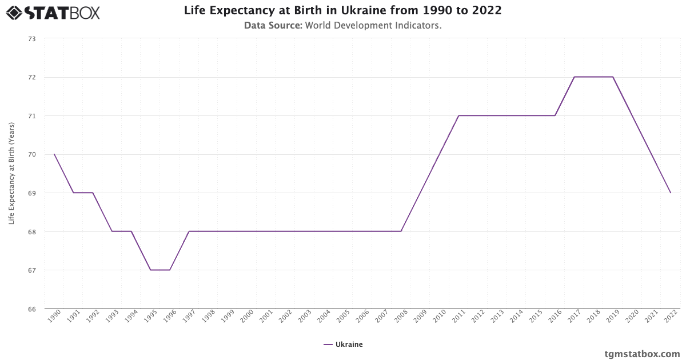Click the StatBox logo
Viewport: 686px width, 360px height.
click(x=53, y=12)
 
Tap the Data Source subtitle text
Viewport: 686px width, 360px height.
click(x=342, y=25)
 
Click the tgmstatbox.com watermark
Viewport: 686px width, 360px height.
click(x=642, y=354)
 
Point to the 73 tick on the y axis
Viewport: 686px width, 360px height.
click(x=31, y=39)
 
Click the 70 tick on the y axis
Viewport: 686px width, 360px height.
click(x=31, y=154)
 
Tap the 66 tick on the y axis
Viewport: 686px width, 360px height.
click(x=31, y=309)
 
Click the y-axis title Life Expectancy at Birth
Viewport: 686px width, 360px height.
click(x=11, y=174)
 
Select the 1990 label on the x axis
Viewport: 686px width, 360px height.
click(x=55, y=317)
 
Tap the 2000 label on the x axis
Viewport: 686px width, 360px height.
click(x=248, y=317)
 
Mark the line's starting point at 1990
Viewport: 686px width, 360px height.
click(x=54, y=154)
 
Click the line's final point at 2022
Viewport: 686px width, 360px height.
click(x=671, y=193)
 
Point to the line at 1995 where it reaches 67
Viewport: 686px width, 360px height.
click(x=150, y=270)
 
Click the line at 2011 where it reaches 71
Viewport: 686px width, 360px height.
click(x=459, y=115)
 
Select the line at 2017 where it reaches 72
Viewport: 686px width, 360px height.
click(x=575, y=77)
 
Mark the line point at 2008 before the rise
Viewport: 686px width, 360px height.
click(x=401, y=231)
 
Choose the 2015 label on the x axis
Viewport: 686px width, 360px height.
click(x=536, y=317)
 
